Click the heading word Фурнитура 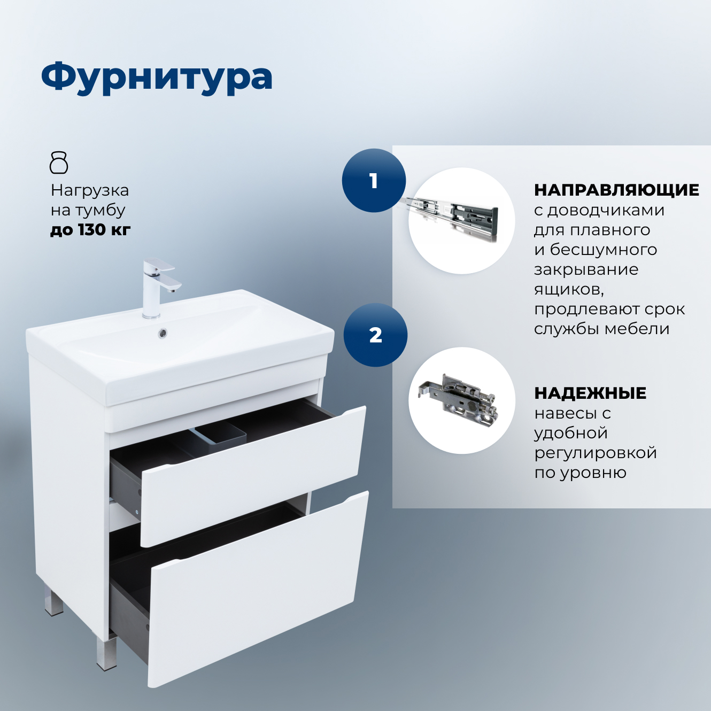tap(157, 78)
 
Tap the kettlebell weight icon tap(59, 163)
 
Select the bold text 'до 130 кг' tap(90, 230)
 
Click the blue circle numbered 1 tap(374, 181)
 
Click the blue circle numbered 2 tap(375, 335)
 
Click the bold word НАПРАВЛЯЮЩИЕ tap(616, 190)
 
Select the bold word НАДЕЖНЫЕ tap(590, 393)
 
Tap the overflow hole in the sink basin tap(163, 333)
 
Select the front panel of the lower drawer tap(257, 588)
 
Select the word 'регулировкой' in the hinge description tap(596, 453)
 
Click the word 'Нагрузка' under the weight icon tap(90, 190)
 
